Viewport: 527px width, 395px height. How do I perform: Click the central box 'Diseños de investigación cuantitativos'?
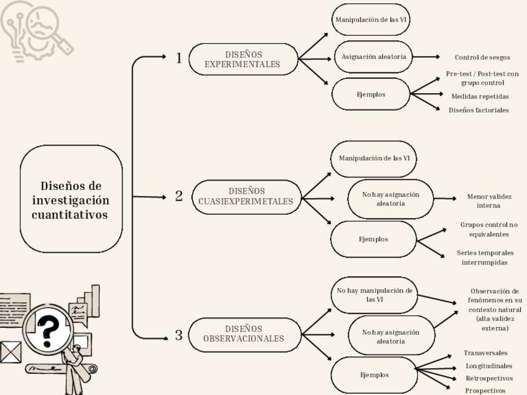point(71,199)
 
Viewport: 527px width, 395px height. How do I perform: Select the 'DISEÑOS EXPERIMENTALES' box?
point(243,59)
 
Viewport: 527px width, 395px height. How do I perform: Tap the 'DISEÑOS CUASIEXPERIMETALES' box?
point(246,196)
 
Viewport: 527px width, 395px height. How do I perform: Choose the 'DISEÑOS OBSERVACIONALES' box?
point(244,334)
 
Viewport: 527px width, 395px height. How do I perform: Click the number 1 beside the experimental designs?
point(179,58)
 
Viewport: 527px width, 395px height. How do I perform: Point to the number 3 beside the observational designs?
point(179,335)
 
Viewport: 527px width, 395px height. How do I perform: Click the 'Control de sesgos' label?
point(482,57)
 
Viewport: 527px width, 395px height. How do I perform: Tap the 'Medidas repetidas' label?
point(480,96)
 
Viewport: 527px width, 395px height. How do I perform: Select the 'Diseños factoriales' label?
point(479,110)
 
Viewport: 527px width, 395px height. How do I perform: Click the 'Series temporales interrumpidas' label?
point(485,257)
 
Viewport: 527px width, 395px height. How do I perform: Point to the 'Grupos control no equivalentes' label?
point(488,229)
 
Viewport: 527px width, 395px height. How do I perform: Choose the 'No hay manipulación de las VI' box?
point(374,294)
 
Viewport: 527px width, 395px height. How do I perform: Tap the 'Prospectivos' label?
point(485,391)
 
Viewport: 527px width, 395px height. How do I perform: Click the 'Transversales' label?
point(485,353)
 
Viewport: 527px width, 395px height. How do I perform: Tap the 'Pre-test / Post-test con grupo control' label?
point(482,78)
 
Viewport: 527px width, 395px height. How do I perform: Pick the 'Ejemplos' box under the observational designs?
point(374,375)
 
